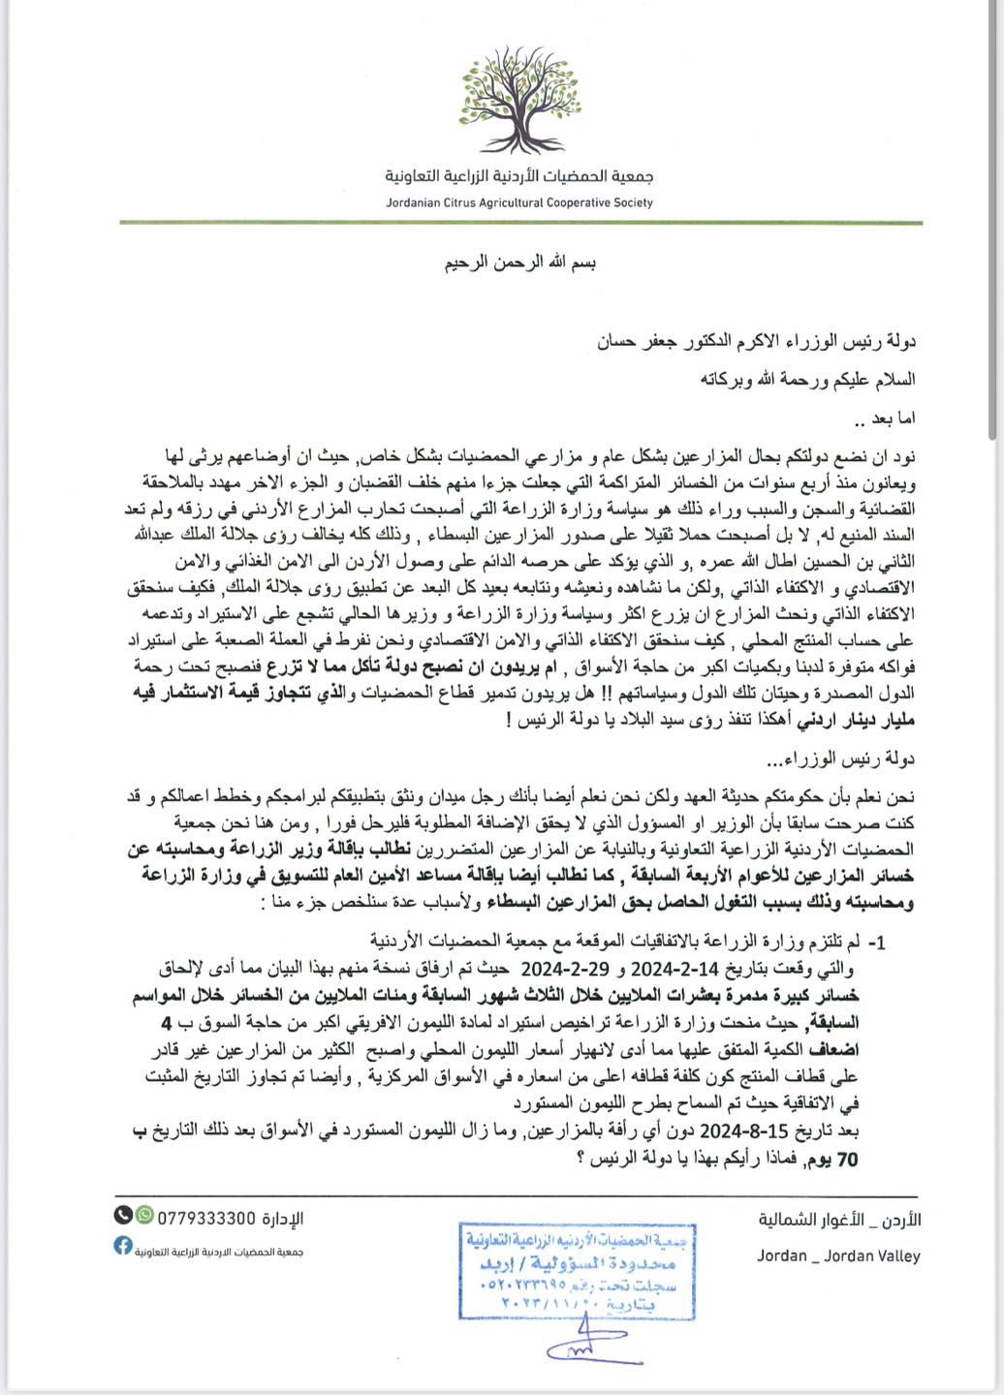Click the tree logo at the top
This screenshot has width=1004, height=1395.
pyautogui.click(x=518, y=100)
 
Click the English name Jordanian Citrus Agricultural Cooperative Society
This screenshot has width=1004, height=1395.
pyautogui.click(x=518, y=203)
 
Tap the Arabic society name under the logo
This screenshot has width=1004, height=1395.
pyautogui.click(x=518, y=176)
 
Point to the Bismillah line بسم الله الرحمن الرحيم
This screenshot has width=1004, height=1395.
pyautogui.click(x=520, y=263)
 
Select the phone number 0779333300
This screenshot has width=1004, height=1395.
pyautogui.click(x=206, y=1218)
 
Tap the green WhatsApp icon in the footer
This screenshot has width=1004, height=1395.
pyautogui.click(x=144, y=1215)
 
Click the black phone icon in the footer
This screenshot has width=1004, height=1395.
pyautogui.click(x=123, y=1215)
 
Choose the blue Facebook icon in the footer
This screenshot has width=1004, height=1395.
pyautogui.click(x=123, y=1246)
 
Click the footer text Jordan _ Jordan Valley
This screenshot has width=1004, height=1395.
pyautogui.click(x=838, y=1256)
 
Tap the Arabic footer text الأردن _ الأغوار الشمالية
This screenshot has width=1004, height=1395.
pyautogui.click(x=839, y=1220)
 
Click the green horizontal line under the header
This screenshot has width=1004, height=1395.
pyautogui.click(x=520, y=224)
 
